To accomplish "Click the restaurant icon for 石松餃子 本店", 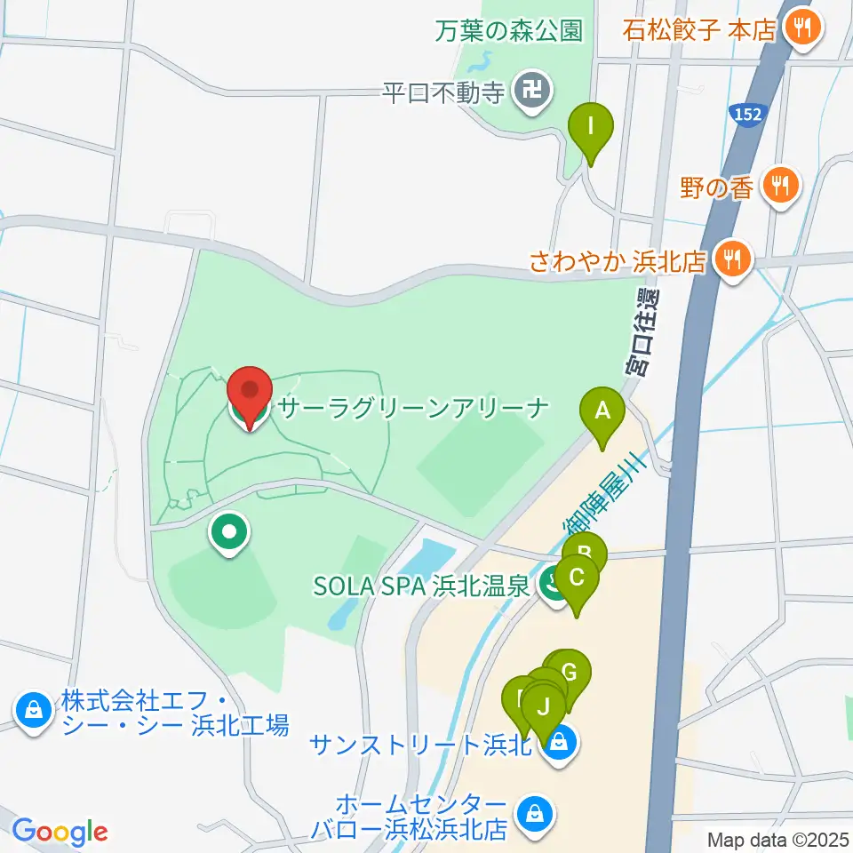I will tap(804, 27).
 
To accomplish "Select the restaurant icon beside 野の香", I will tap(780, 187).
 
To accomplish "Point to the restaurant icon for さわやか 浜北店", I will tap(732, 260).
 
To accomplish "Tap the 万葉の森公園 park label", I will tap(509, 31).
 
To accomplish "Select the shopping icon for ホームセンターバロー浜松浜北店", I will tap(535, 812).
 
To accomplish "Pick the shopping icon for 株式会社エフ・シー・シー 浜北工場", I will tap(32, 711).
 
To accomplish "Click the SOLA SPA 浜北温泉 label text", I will tap(422, 586).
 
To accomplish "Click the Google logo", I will tap(60, 832).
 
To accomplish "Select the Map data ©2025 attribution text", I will tap(778, 838).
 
